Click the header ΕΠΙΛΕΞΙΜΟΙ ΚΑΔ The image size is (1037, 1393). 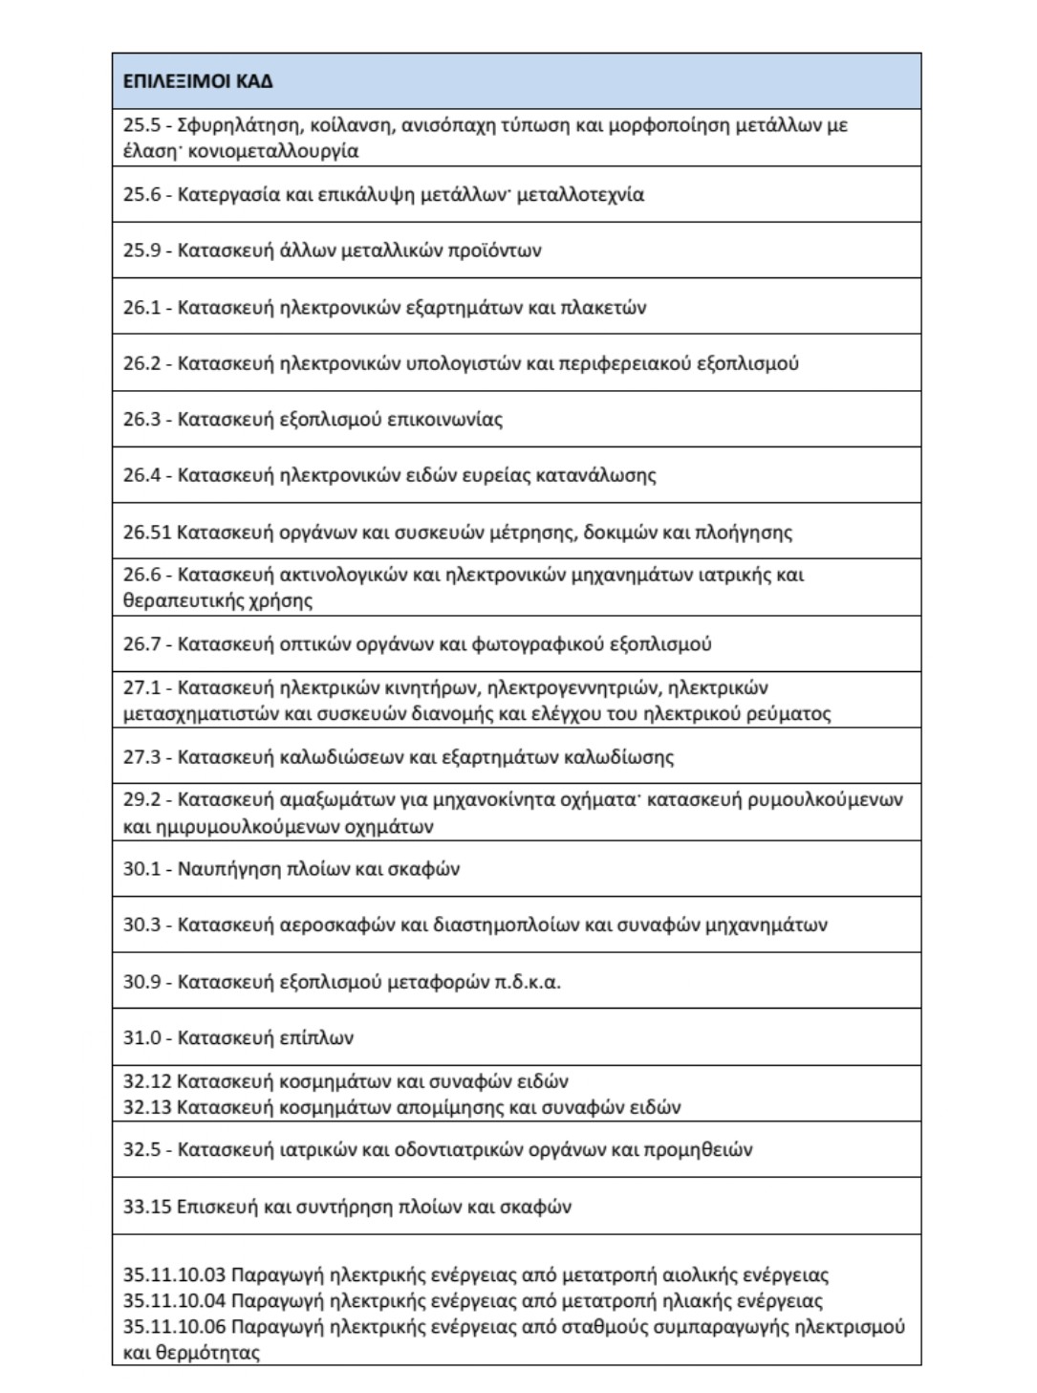[x=198, y=81]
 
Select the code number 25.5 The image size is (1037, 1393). [x=141, y=125]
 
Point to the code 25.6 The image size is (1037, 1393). [x=141, y=195]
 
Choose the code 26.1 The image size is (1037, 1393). [x=141, y=308]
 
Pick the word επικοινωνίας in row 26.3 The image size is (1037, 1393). [x=444, y=420]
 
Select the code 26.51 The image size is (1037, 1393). [x=146, y=533]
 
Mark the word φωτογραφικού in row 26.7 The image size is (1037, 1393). [x=525, y=644]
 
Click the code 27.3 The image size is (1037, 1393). [x=141, y=757]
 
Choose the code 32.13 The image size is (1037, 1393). [x=146, y=1108]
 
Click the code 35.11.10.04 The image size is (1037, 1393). [x=174, y=1301]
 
